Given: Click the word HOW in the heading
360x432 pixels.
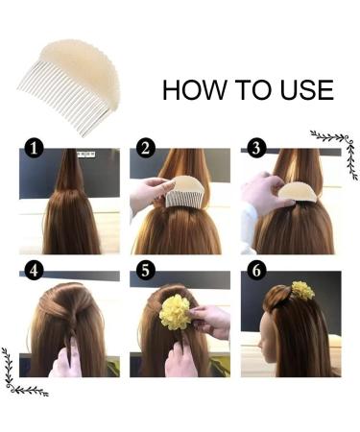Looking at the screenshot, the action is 194,90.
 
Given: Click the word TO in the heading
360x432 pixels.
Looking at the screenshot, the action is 255,90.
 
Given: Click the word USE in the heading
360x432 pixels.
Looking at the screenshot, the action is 307,90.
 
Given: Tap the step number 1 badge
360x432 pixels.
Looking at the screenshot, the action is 34,148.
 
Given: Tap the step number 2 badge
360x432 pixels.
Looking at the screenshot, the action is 145,148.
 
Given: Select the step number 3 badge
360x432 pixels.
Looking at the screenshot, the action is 256,148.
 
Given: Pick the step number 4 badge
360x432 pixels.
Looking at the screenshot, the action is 34,271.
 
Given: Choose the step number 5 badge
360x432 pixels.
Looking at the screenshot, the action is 145,271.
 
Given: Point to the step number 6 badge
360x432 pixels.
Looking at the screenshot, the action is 256,271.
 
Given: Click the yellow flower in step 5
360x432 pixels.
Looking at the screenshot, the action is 175,312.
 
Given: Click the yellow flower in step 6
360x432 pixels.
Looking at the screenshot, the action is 302,291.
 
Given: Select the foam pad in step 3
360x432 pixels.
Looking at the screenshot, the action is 298,193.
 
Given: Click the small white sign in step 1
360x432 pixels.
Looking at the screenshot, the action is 86,155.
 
